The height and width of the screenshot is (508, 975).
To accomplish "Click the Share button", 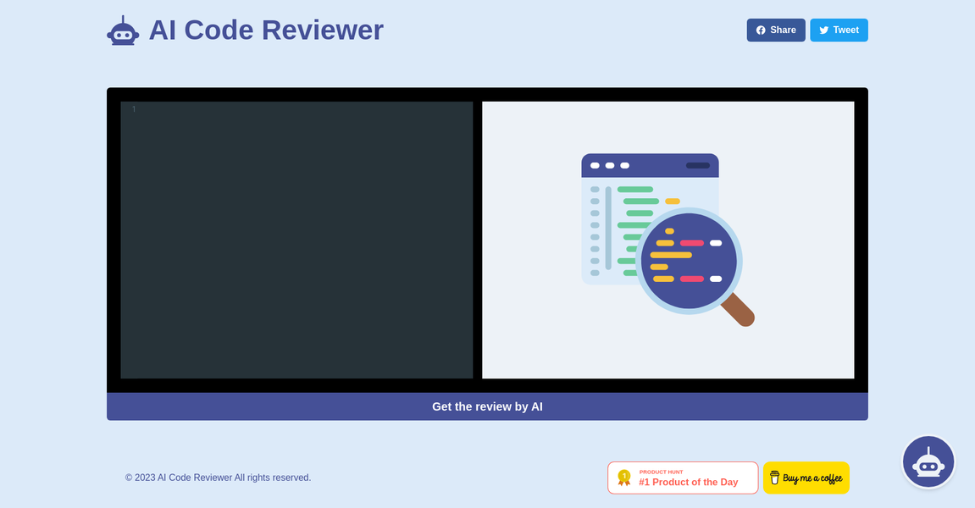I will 775,30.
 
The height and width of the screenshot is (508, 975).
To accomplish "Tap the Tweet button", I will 839,30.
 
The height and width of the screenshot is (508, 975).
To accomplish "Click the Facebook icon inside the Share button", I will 761,30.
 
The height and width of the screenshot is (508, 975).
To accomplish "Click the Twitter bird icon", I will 823,30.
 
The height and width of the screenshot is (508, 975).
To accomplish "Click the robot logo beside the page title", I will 123,31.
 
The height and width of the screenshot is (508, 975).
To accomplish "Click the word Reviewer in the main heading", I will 322,30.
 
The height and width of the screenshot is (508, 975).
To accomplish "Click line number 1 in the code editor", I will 133,109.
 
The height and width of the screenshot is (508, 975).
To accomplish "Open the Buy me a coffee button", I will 806,478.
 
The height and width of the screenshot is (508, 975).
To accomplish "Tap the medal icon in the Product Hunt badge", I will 624,478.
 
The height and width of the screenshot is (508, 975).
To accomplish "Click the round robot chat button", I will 928,461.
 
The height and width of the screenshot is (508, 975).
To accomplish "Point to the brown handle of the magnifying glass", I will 738,310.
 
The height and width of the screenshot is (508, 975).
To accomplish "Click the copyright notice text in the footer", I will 218,478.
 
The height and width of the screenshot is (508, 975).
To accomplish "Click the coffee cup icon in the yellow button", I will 774,478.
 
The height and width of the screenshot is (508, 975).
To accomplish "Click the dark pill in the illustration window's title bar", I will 698,165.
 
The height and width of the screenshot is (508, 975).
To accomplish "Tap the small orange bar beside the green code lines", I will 673,202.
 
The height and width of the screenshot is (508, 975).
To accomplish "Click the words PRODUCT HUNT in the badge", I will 661,472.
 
